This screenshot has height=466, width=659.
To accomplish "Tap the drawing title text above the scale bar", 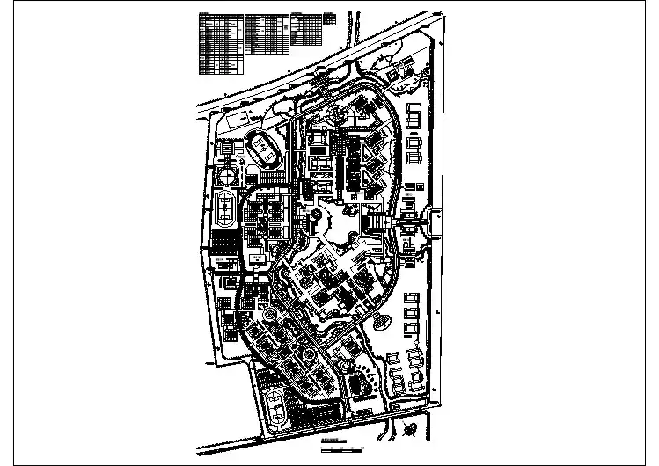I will (x=331, y=441).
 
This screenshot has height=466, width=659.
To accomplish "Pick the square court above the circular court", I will (x=227, y=149).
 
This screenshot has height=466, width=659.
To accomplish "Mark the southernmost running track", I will (x=277, y=407).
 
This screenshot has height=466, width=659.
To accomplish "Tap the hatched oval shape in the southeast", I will (x=384, y=323).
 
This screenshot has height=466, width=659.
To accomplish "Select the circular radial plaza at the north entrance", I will (x=334, y=113).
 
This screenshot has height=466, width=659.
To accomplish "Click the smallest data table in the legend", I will (x=329, y=17).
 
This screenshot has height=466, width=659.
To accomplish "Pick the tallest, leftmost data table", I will (x=219, y=43).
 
